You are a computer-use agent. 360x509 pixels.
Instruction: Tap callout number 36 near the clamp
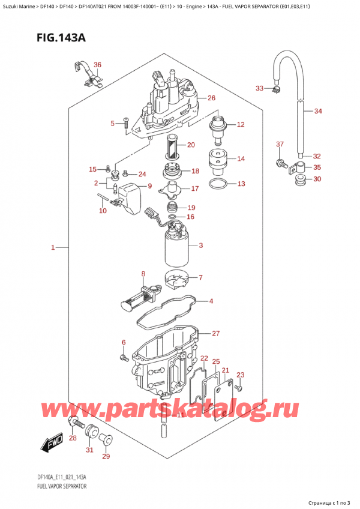pos(98,65)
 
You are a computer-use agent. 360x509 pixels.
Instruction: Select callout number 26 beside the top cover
pos(211,98)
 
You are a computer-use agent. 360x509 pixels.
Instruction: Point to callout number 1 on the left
pos(53,247)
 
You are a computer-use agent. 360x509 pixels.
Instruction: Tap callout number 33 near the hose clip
pos(259,89)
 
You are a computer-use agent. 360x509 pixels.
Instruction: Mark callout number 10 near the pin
pos(103,210)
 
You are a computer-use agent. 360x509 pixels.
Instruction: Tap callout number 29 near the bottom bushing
pos(107,457)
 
